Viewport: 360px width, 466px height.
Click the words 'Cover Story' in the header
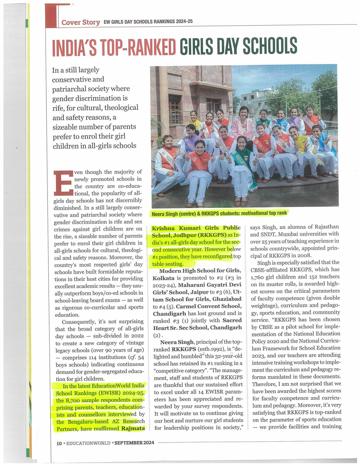pos(80,22)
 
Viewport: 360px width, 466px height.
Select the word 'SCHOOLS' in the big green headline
pos(270,46)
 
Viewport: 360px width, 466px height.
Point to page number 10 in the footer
pos(59,443)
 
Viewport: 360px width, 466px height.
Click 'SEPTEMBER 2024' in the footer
pos(134,443)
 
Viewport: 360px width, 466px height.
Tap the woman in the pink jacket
pos(242,124)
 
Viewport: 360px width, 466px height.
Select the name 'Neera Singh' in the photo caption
pos(165,214)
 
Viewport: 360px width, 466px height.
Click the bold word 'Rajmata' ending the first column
pos(133,429)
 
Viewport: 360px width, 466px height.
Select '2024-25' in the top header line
pos(184,22)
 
